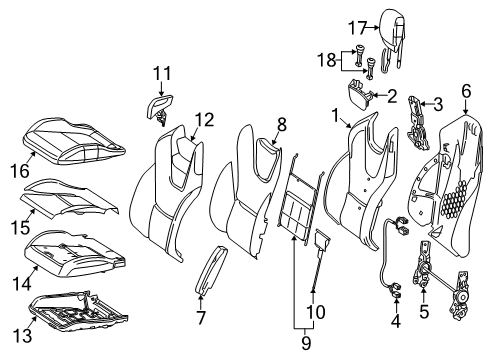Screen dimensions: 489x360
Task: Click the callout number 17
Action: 357,28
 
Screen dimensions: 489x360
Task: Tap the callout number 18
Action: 326,60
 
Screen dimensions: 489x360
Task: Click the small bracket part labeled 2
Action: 360,93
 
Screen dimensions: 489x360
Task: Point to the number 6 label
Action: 466,91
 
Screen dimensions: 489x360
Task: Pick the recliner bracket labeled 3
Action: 418,122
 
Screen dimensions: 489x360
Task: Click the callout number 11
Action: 162,73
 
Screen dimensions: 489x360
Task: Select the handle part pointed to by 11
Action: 159,109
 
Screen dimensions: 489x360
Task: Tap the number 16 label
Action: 20,170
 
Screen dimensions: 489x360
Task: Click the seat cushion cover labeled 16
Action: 75,142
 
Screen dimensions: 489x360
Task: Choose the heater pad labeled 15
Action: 70,198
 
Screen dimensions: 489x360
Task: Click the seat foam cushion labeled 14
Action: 75,253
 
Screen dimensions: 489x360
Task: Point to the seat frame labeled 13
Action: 78,311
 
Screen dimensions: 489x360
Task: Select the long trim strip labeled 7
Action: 211,270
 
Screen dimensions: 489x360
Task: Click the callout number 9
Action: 306,343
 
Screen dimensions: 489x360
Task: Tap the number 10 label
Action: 315,312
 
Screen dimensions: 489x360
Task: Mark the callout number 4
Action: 396,321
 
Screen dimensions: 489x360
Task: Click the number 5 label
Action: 424,311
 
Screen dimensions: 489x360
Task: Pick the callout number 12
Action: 204,120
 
